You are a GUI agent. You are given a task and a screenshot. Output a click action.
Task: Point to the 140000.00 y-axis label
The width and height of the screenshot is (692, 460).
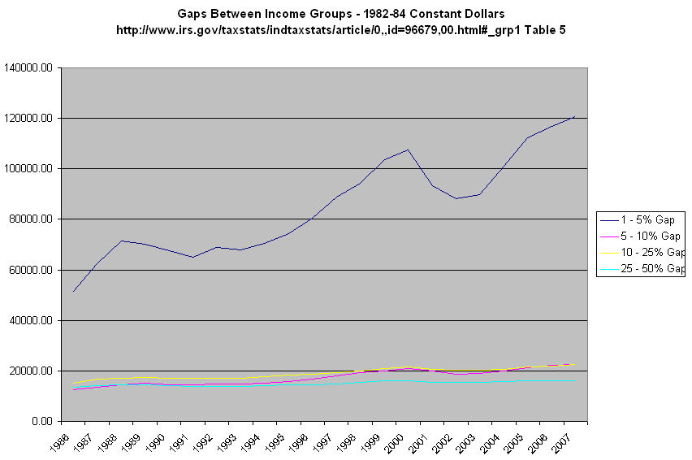(x=30, y=68)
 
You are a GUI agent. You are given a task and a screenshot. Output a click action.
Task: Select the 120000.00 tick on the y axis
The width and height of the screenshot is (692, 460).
(x=30, y=119)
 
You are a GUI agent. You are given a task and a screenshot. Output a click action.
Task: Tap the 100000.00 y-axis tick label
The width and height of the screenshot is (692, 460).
(x=30, y=169)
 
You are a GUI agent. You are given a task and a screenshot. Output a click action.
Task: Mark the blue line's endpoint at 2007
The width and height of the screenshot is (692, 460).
(x=575, y=116)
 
